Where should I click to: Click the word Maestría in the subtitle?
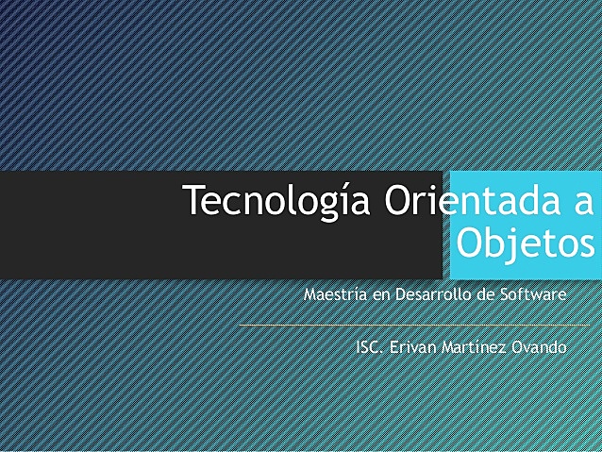tap(336, 294)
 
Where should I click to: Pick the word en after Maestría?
tap(381, 294)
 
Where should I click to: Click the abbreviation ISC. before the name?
tap(370, 347)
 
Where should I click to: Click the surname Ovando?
tap(539, 347)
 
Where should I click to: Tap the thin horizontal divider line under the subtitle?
tap(415, 326)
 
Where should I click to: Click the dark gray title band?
tap(94, 226)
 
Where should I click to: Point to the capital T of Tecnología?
tap(192, 200)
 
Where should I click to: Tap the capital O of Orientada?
tap(400, 201)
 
